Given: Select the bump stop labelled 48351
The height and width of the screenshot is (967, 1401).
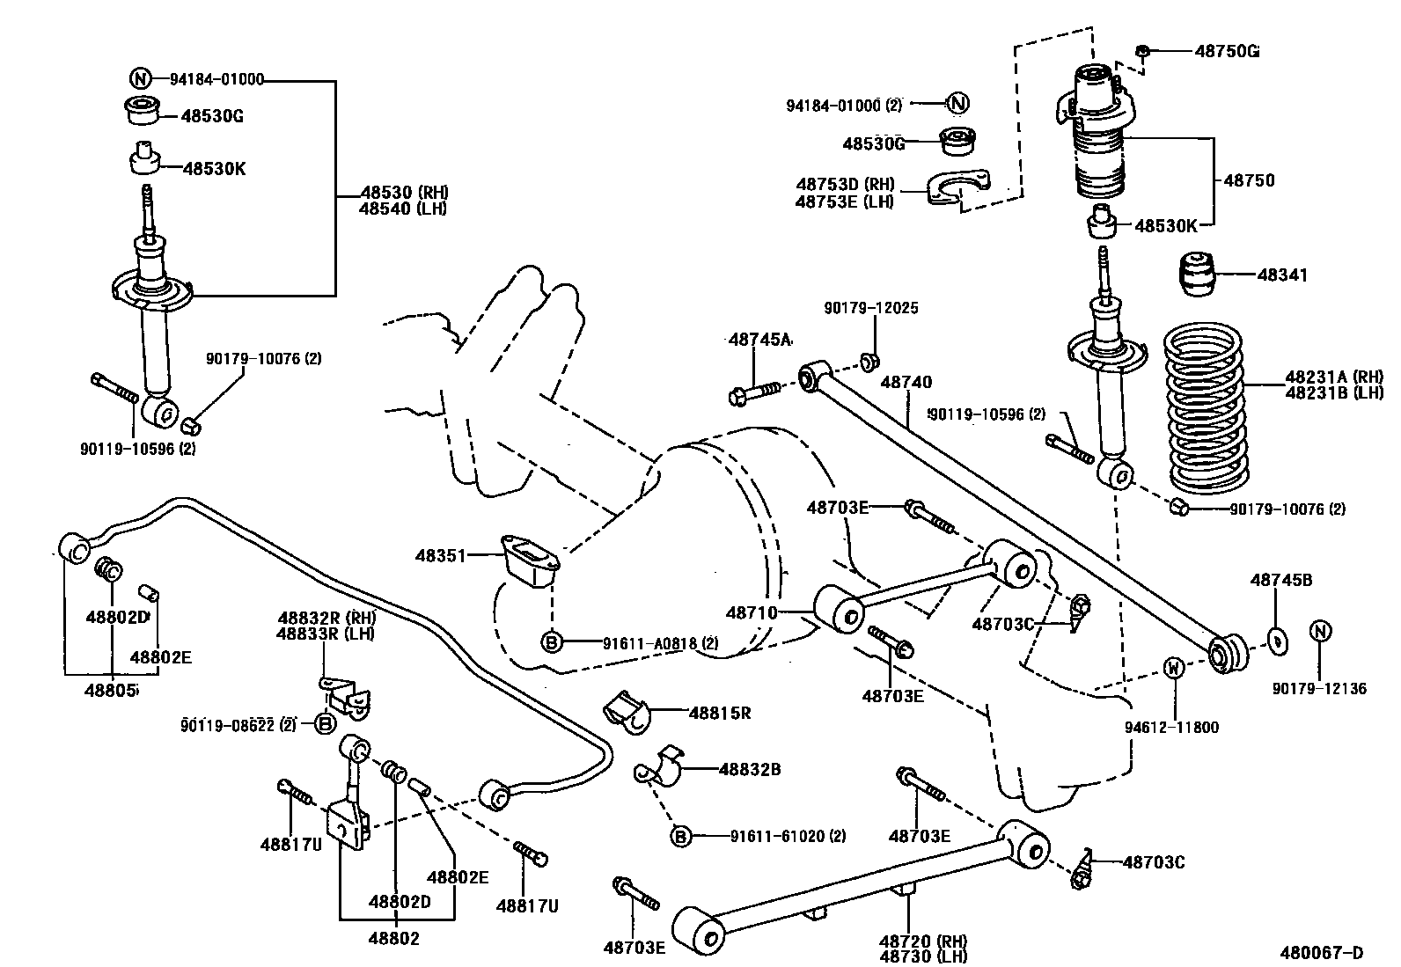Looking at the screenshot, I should [x=531, y=560].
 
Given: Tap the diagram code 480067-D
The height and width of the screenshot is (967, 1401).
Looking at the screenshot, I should [x=1322, y=952].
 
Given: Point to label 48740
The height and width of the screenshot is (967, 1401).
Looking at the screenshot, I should [x=906, y=383].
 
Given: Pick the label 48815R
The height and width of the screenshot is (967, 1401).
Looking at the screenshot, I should [x=719, y=713].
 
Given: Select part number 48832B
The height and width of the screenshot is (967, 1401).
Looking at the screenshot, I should [x=750, y=769].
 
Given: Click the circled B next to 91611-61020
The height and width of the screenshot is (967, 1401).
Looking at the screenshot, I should [x=681, y=836].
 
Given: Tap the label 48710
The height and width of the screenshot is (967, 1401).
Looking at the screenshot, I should [x=752, y=612].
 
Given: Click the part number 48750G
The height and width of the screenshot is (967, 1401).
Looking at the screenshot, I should [x=1226, y=51].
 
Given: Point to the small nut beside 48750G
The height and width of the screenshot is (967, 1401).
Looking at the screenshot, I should [x=1142, y=51].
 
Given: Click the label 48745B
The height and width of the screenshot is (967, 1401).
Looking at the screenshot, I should [x=1281, y=580].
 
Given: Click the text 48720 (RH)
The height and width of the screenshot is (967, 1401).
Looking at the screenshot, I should [x=915, y=941].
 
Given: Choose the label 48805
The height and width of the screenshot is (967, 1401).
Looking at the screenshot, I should [x=111, y=690].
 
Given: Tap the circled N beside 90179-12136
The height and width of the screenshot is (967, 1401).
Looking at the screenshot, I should [x=1320, y=632].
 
